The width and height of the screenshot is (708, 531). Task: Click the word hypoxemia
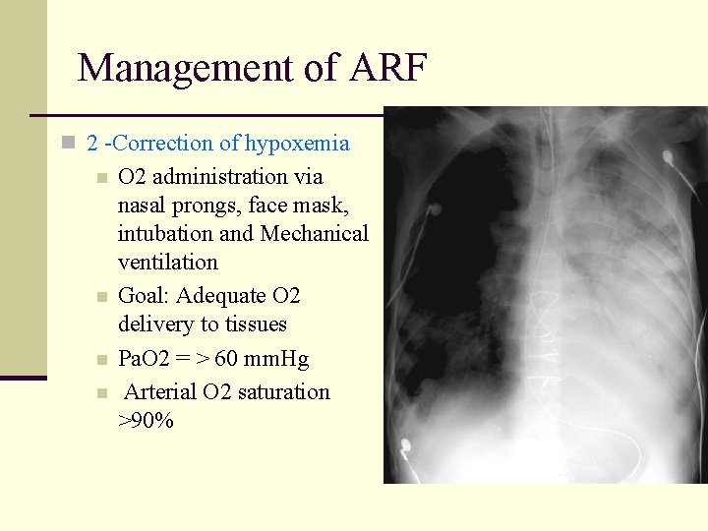pos(297,144)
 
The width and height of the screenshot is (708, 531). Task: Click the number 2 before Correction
pos(92,144)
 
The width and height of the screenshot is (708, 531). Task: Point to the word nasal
pos(142,206)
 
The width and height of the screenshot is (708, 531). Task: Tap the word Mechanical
pos(315,234)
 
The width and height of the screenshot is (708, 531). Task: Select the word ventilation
pos(167,263)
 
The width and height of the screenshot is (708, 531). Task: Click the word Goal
pos(143,296)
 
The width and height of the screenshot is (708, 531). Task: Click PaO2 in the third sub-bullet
pos(144,359)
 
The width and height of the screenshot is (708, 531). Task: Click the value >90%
pos(146,421)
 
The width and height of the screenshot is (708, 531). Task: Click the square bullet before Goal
pos(101,297)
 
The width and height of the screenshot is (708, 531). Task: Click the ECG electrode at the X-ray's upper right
pos(668,156)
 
